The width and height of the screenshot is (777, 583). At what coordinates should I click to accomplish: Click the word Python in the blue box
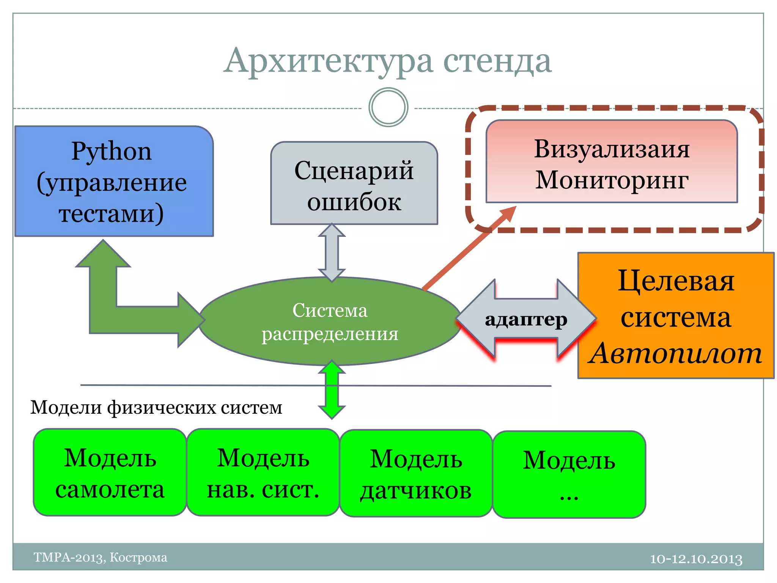pyautogui.click(x=111, y=151)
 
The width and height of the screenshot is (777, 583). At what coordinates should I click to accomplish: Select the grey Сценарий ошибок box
pyautogui.click(x=354, y=183)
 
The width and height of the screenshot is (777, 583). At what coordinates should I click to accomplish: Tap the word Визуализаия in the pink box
pyautogui.click(x=612, y=149)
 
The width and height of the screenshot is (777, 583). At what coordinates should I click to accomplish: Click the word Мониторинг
pyautogui.click(x=612, y=180)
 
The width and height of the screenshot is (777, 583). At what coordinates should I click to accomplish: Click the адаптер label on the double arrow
pyautogui.click(x=526, y=320)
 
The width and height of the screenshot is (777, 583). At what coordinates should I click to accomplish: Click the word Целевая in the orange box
pyautogui.click(x=676, y=281)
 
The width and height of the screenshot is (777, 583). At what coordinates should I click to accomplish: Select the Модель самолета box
pyautogui.click(x=110, y=473)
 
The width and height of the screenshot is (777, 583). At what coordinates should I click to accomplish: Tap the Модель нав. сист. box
pyautogui.click(x=263, y=473)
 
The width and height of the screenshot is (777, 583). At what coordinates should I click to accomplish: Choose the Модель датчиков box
pyautogui.click(x=416, y=474)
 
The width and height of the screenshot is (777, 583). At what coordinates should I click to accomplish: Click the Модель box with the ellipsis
pyautogui.click(x=569, y=474)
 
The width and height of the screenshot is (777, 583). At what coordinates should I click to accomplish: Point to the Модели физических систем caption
pyautogui.click(x=156, y=408)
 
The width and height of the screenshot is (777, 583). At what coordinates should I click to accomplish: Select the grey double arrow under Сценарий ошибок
pyautogui.click(x=332, y=252)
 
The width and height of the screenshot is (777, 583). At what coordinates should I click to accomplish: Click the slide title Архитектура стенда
pyautogui.click(x=387, y=61)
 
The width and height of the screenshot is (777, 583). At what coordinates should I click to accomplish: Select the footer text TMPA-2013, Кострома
pyautogui.click(x=101, y=557)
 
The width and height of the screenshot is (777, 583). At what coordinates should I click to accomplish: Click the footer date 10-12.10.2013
pyautogui.click(x=696, y=559)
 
